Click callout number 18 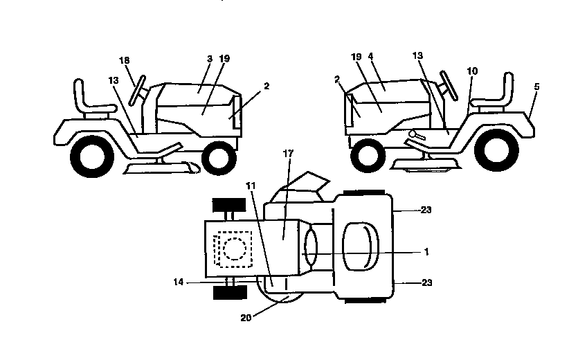tap(125, 62)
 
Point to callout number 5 tap(537, 87)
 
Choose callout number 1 tap(427, 251)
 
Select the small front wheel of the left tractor tap(219, 156)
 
